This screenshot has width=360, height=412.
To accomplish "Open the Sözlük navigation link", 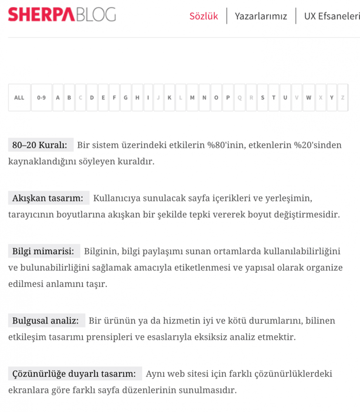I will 204,16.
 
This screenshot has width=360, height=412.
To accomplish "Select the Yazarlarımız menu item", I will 261,16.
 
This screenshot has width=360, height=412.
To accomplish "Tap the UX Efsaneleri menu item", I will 331,16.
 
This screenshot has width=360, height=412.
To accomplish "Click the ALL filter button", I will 19,98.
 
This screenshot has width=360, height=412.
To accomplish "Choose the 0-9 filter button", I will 41,98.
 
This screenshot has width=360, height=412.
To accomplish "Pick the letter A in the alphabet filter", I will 58,98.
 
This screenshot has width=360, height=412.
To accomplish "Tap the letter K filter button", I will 169,98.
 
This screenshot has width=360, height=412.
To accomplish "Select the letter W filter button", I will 308,98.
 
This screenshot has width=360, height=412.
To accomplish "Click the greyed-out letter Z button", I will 343,98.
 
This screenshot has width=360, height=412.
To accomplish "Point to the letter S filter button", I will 263,98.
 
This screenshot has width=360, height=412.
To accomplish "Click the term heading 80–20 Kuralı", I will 40,145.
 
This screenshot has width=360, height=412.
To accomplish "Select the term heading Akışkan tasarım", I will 48,198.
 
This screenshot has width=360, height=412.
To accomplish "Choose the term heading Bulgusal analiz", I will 46,320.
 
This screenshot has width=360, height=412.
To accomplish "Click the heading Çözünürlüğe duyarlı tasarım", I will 75,374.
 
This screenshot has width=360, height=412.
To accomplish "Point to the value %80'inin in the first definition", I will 227,145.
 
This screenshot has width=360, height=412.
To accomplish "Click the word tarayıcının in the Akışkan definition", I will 30,215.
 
